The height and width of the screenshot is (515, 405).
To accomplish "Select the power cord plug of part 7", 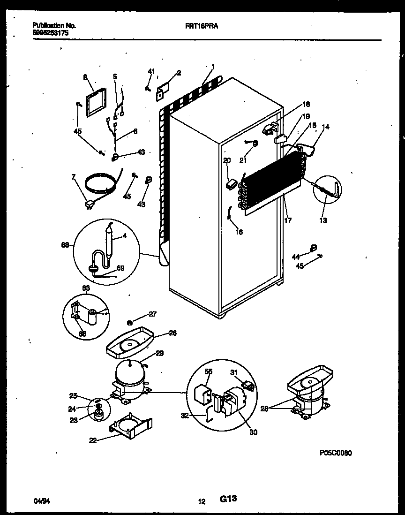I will (89, 204).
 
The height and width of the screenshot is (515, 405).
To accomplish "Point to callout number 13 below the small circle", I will (323, 220).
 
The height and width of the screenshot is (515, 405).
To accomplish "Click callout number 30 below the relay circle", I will (253, 432).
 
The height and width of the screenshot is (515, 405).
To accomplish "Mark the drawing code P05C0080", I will (336, 453).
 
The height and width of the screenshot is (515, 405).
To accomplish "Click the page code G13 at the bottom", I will (228, 500).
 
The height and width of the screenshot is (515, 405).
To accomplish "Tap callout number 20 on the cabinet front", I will (227, 160).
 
